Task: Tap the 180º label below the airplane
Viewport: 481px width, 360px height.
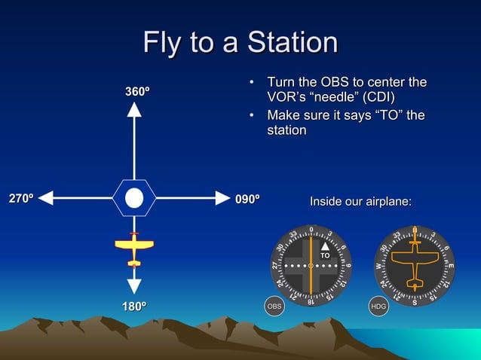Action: pyautogui.click(x=134, y=307)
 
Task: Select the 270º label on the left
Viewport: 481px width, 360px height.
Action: pyautogui.click(x=20, y=199)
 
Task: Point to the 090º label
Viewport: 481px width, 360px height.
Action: pyautogui.click(x=247, y=199)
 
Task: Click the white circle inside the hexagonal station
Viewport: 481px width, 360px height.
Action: pyautogui.click(x=134, y=198)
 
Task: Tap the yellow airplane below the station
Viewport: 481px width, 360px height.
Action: pyautogui.click(x=134, y=248)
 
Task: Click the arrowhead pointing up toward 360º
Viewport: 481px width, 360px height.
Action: pyautogui.click(x=134, y=110)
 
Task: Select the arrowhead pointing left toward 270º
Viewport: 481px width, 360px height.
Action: pyautogui.click(x=46, y=198)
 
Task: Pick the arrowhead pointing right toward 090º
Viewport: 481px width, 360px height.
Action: pyautogui.click(x=222, y=198)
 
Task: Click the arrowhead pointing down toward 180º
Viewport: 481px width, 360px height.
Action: pyautogui.click(x=134, y=285)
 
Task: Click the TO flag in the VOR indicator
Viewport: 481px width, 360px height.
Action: pyautogui.click(x=325, y=256)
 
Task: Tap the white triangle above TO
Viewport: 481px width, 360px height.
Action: pyautogui.click(x=325, y=246)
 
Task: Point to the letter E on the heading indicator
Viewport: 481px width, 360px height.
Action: pyautogui.click(x=450, y=266)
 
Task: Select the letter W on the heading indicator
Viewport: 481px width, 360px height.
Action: pyautogui.click(x=378, y=266)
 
